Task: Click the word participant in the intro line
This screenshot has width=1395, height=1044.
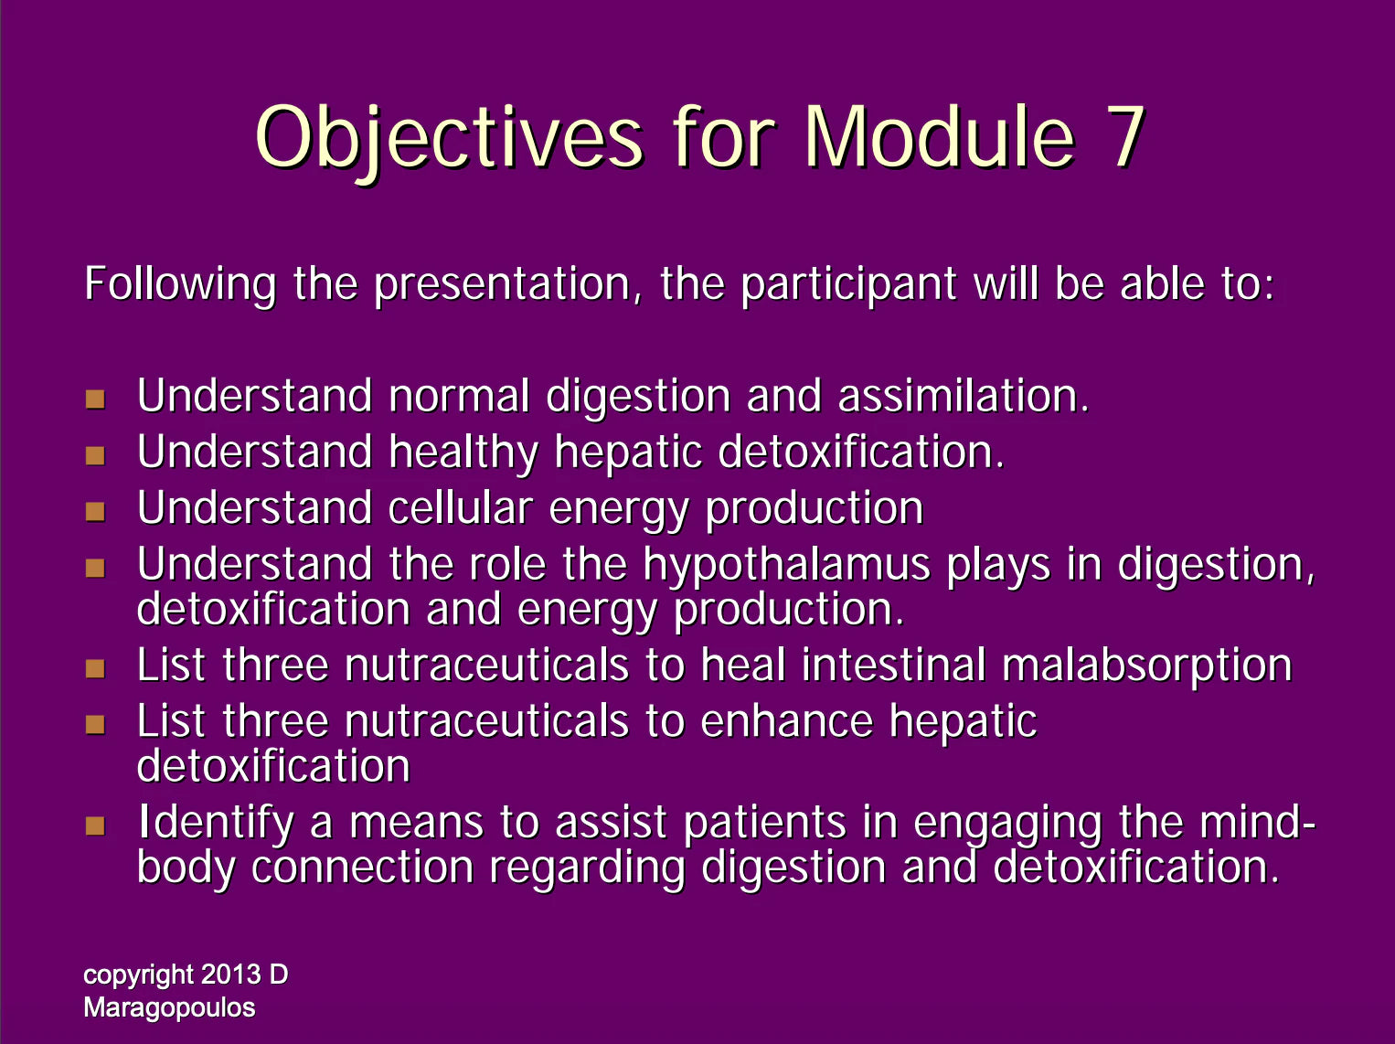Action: tap(849, 285)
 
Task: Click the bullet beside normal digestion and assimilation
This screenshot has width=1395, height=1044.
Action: tap(95, 399)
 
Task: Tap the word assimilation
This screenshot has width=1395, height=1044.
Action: tap(964, 396)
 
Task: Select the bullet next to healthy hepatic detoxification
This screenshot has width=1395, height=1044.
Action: tap(95, 455)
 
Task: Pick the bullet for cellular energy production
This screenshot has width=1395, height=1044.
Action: tap(95, 511)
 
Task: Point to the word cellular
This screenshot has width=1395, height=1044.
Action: tap(461, 507)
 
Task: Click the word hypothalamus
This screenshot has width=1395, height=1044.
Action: tap(787, 566)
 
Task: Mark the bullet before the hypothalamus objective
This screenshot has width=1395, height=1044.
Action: tap(95, 567)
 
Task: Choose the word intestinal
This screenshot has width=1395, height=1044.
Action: tap(893, 665)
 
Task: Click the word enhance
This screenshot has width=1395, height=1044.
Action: tap(786, 721)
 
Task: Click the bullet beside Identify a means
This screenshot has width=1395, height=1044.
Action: tap(95, 826)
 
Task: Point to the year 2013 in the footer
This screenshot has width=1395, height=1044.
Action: tap(230, 975)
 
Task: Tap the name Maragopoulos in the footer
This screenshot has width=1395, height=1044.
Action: tap(169, 1008)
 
